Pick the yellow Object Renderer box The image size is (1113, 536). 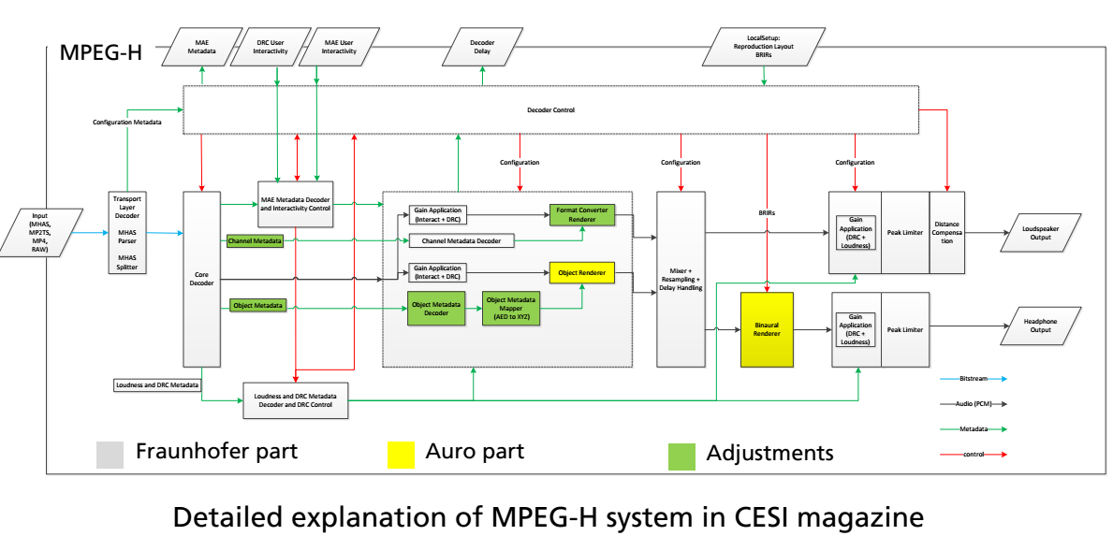[x=581, y=273]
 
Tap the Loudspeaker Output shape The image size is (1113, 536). [x=1040, y=232]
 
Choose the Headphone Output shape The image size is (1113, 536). [x=1040, y=326]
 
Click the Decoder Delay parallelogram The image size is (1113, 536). [x=482, y=48]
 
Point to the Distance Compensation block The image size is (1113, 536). [x=946, y=232]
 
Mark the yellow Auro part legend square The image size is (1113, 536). [x=401, y=455]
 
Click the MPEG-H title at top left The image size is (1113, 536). [x=100, y=51]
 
